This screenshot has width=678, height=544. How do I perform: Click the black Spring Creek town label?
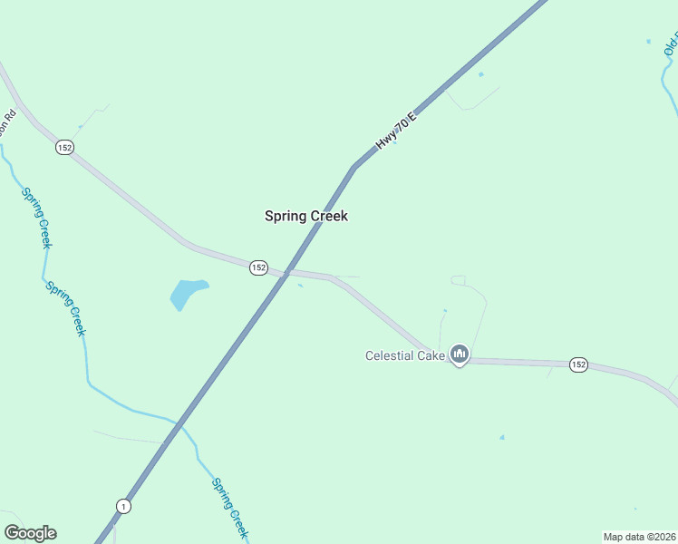[x=305, y=216]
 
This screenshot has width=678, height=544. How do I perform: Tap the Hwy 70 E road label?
[x=395, y=131]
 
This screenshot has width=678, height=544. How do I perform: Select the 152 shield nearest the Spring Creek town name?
[x=258, y=267]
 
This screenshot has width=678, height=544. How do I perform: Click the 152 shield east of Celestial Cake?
[x=579, y=364]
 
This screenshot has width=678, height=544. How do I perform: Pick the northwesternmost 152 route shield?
[x=63, y=147]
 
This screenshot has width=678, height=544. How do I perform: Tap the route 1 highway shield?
[x=123, y=506]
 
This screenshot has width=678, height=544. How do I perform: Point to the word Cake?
[x=431, y=355]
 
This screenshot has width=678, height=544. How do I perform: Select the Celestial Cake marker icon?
[x=459, y=354]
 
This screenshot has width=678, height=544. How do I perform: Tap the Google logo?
[x=30, y=533]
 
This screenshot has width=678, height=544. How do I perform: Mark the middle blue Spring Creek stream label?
[x=66, y=309]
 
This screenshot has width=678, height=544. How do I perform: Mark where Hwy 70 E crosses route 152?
[x=286, y=272]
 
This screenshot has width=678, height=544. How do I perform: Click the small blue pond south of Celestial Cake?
[x=501, y=438]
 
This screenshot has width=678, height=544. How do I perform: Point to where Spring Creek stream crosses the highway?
[x=179, y=423]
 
